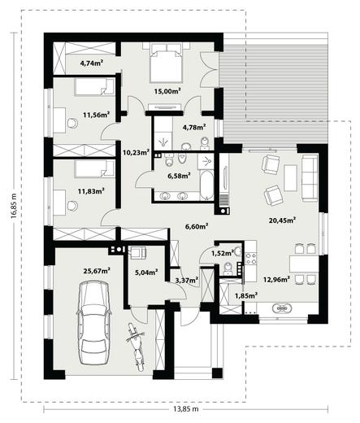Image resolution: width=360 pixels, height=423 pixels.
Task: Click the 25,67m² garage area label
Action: tap(97, 270)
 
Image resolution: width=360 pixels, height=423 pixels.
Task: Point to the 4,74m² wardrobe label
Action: tap(91, 63)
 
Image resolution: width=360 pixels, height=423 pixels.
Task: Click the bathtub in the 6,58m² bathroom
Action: tap(206, 185)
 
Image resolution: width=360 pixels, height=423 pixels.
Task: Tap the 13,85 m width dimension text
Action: tap(185, 409)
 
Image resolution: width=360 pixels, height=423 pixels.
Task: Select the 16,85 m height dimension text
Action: tap(13, 206)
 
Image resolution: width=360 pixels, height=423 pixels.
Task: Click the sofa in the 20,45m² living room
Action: tap(310, 178)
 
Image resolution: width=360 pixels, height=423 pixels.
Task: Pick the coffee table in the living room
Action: tap(290, 178)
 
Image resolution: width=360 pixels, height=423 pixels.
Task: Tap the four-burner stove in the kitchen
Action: tap(250, 259)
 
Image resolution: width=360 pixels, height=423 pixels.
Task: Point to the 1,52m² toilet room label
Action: tap(223, 253)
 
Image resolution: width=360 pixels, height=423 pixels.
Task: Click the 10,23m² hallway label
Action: tap(136, 152)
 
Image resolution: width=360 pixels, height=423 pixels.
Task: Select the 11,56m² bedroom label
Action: tap(96, 115)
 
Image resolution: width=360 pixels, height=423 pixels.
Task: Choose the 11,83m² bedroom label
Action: tap(91, 191)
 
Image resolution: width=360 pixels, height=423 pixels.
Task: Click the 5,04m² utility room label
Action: tap(146, 272)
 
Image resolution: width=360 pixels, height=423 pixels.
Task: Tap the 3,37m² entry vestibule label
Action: tap(187, 280)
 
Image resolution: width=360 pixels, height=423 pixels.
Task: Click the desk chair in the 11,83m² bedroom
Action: tap(72, 206)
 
